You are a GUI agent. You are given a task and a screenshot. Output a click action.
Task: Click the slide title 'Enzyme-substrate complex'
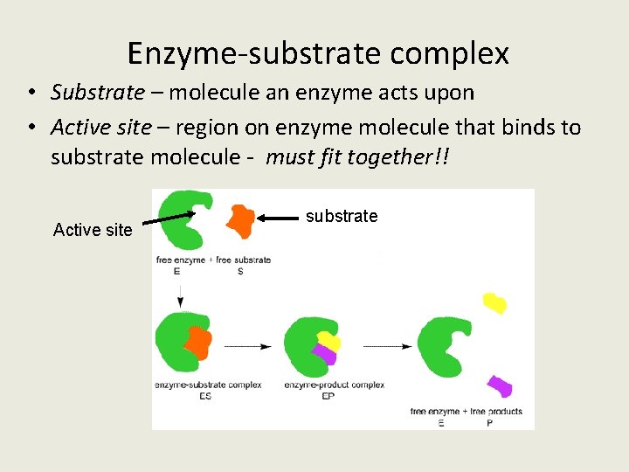point(318,54)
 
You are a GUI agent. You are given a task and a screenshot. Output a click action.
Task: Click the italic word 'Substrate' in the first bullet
point(98,92)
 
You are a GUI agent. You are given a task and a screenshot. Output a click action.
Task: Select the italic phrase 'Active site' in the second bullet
point(101,128)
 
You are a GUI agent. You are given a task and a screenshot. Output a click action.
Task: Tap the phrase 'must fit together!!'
point(362,157)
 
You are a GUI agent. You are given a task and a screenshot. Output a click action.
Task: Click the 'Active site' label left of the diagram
point(93,230)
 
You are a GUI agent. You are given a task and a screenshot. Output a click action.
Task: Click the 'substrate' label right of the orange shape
point(342,216)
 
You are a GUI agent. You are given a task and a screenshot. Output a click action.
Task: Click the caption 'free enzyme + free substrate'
point(213,260)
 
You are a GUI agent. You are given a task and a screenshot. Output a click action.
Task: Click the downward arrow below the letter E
point(180,293)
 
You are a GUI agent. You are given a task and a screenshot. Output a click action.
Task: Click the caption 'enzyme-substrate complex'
point(208,385)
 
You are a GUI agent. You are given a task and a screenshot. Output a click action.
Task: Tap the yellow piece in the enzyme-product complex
point(328,340)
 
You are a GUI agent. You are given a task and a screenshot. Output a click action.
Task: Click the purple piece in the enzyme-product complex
point(325,354)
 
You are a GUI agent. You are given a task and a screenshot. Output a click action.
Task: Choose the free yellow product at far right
point(494,302)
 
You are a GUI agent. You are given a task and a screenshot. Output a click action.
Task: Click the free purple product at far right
point(499,385)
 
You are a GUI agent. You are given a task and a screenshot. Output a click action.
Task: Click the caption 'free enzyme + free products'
point(467,411)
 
